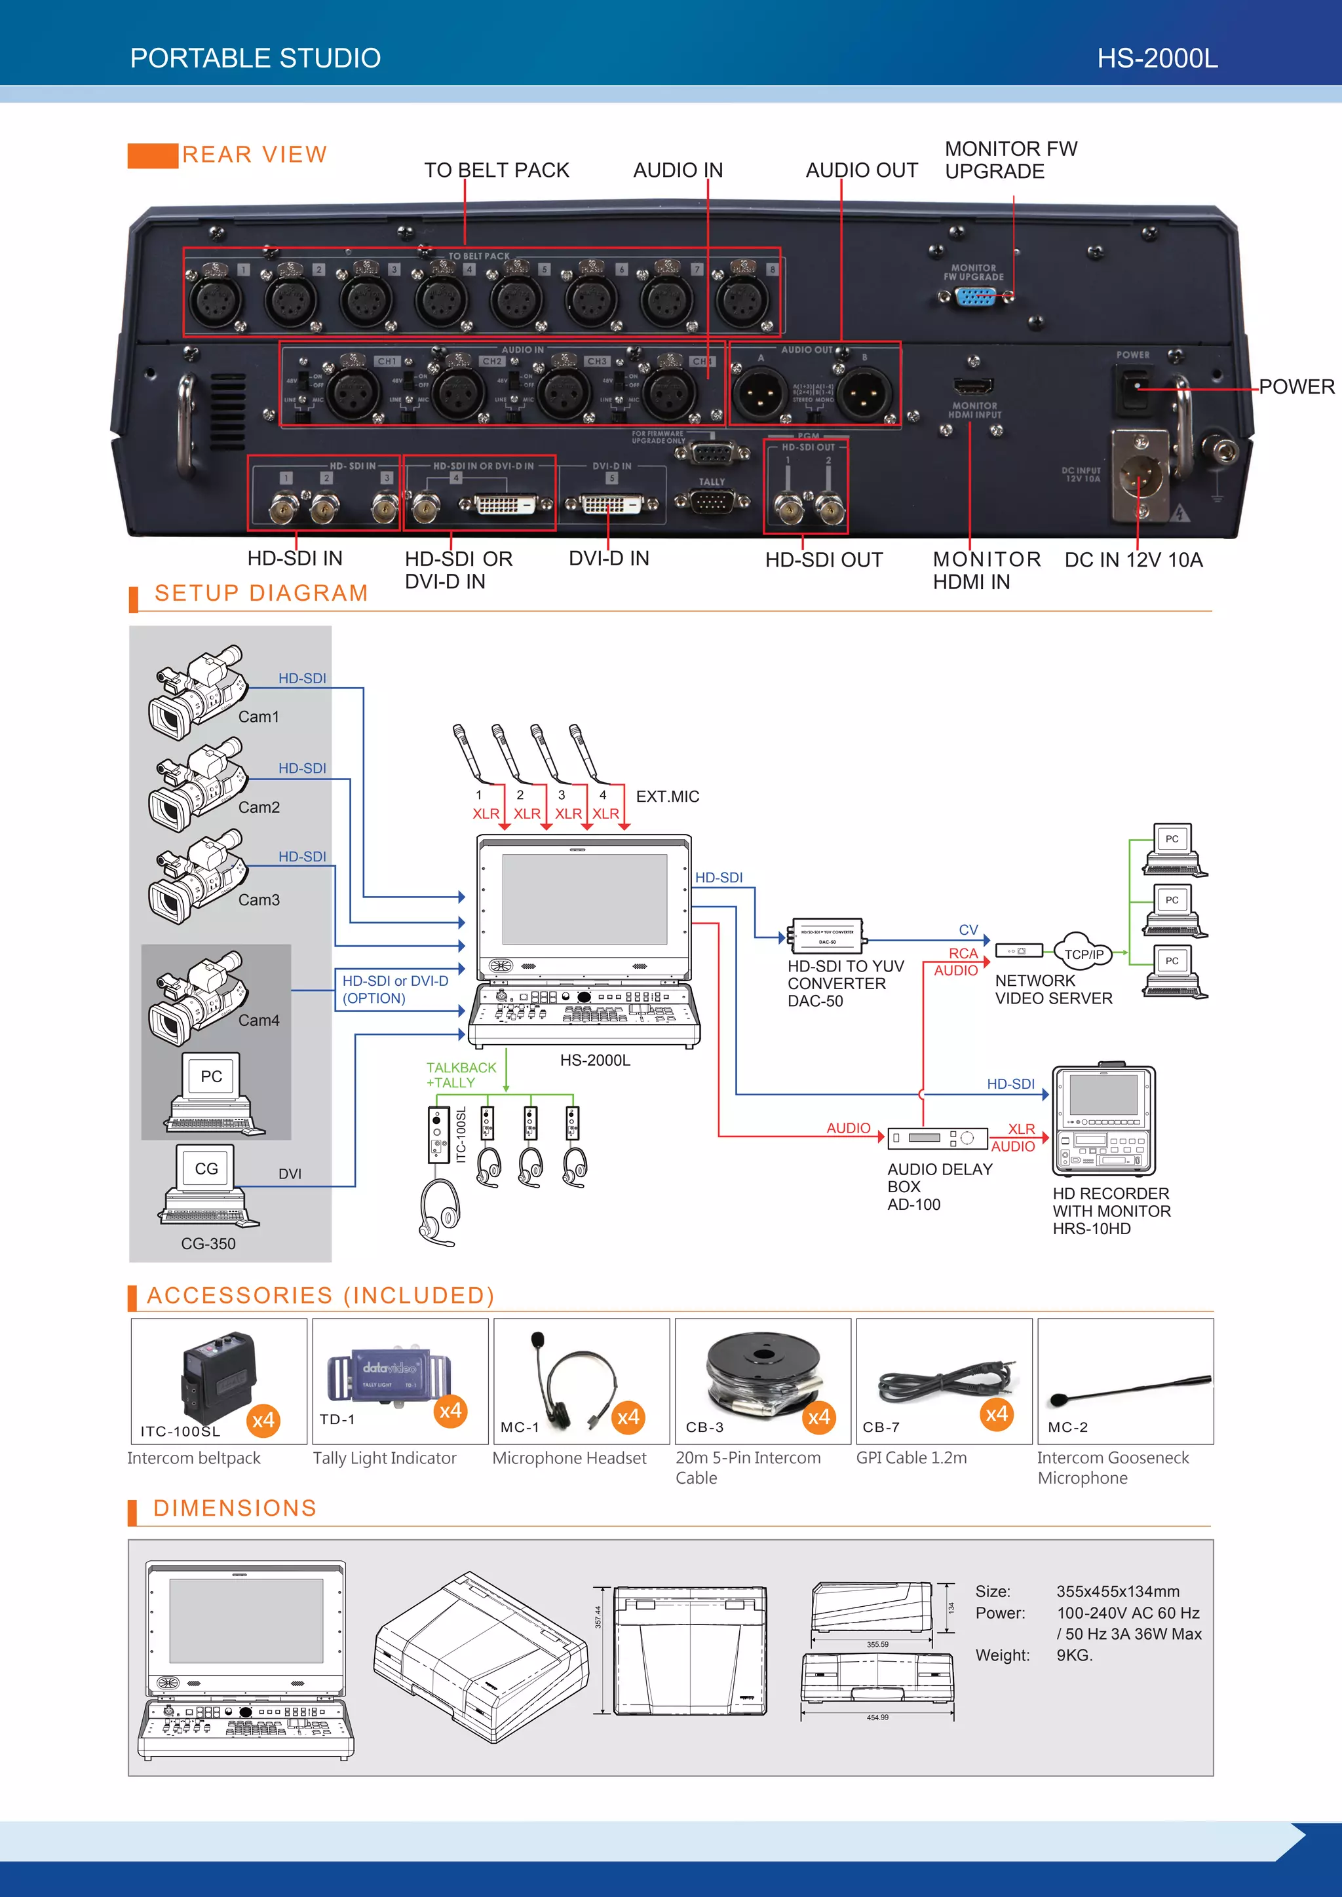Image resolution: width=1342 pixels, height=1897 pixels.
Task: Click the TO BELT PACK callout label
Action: [x=496, y=170]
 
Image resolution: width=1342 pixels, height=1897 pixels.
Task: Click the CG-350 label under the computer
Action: [x=208, y=1243]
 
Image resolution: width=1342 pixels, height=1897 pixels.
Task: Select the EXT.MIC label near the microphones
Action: [x=667, y=797]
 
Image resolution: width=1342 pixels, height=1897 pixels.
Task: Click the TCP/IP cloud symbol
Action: [x=1083, y=952]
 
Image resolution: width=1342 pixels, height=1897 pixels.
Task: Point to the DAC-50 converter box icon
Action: [x=826, y=936]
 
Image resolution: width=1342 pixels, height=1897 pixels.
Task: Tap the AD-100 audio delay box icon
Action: [x=937, y=1138]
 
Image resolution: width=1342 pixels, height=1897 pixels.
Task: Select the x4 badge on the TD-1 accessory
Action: [x=450, y=1410]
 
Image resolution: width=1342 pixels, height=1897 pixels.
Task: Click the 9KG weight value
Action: [x=1074, y=1655]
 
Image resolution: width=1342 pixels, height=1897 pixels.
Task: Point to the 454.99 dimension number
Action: [x=877, y=1717]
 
